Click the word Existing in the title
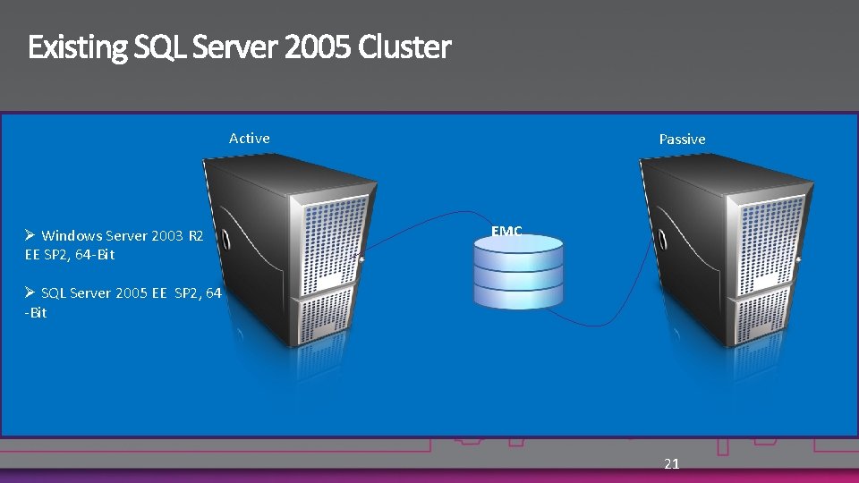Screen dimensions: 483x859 click(78, 47)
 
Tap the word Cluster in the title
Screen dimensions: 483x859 click(405, 47)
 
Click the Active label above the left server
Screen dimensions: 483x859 click(249, 138)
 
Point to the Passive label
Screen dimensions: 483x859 click(682, 139)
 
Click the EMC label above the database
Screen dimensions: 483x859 click(506, 231)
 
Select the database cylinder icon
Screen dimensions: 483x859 click(519, 272)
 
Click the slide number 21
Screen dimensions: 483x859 click(672, 463)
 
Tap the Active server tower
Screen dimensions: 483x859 click(286, 250)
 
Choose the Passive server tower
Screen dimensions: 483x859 click(725, 250)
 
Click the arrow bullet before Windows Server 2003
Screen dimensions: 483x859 click(30, 235)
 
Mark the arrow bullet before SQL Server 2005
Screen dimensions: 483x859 click(30, 292)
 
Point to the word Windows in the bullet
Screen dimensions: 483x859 click(72, 236)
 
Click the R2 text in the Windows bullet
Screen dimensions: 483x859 click(196, 236)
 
